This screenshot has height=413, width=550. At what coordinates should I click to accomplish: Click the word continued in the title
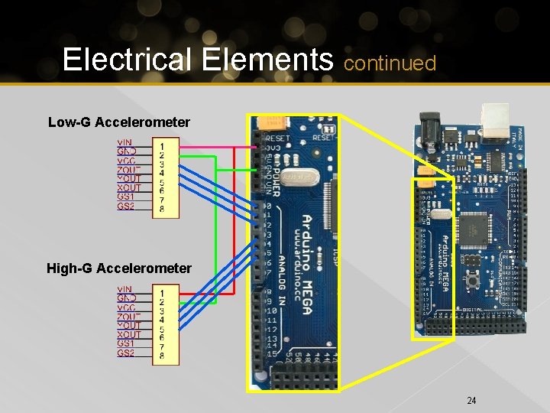coord(390,63)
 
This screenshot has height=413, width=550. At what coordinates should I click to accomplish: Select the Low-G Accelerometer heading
coord(118,122)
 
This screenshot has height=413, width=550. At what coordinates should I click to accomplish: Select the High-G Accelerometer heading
coord(118,268)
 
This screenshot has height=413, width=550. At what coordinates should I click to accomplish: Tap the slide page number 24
coord(471,400)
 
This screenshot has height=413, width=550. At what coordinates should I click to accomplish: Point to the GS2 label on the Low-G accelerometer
coord(125,206)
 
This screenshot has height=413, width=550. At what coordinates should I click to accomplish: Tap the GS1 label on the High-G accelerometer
coord(125,344)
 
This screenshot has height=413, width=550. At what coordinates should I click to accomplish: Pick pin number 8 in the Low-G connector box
coord(163,208)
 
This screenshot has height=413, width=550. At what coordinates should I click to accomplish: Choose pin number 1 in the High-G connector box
coord(163,291)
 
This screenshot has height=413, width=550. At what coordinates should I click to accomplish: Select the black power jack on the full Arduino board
coord(428,128)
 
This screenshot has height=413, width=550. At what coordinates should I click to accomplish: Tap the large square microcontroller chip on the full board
coord(469,226)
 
